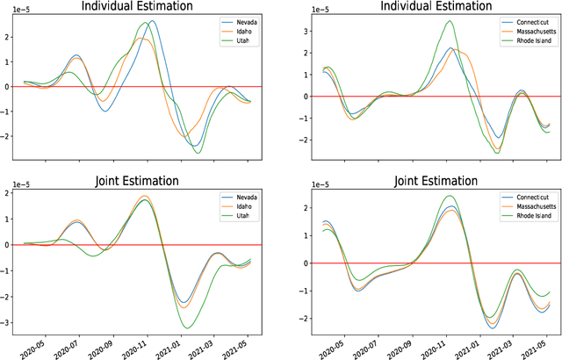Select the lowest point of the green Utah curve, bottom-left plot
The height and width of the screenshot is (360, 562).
[x=190, y=328]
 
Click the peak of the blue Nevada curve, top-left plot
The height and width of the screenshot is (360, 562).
[x=152, y=21]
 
